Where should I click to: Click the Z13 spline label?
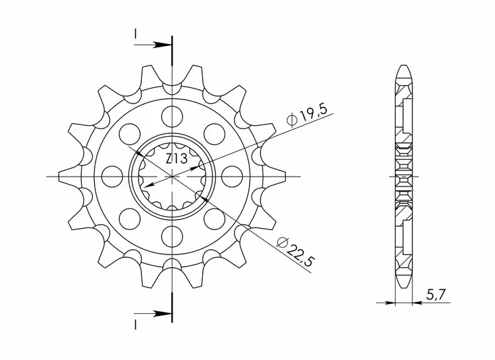tap(176, 159)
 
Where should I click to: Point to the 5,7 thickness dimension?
tap(435, 295)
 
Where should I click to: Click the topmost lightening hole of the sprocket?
tap(172, 116)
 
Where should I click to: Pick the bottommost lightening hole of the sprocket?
tap(172, 237)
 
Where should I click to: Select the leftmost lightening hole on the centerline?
tap(113, 176)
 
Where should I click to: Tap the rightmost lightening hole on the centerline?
tap(232, 176)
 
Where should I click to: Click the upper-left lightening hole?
tap(130, 134)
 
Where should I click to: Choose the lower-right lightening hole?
tap(214, 219)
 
